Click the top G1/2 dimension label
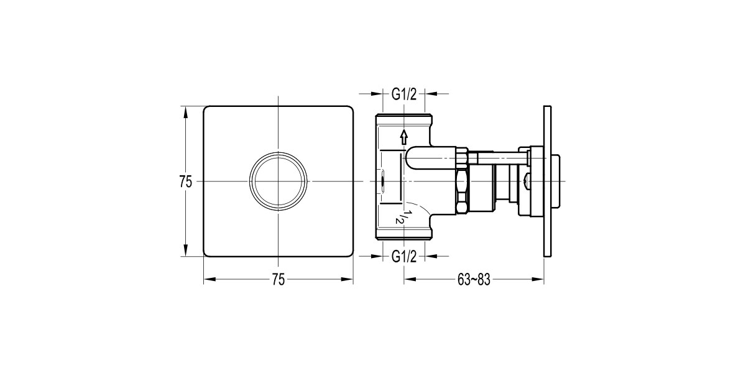[x=403, y=94]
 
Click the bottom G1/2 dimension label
[x=403, y=256]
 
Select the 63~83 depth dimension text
[x=474, y=280]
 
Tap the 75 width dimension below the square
[x=278, y=280]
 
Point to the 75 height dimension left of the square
[x=185, y=182]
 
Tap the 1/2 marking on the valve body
[x=402, y=215]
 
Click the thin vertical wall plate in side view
[x=547, y=182]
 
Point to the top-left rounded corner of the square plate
[x=208, y=110]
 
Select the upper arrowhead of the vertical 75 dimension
[x=185, y=111]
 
